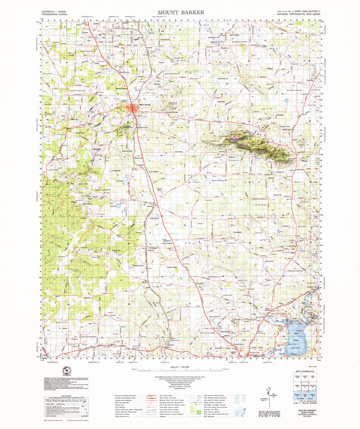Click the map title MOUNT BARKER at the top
pos(181,13)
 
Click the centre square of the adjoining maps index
pos(306,384)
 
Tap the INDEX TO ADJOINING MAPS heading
pos(306,372)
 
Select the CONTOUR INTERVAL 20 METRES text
pos(181,386)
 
